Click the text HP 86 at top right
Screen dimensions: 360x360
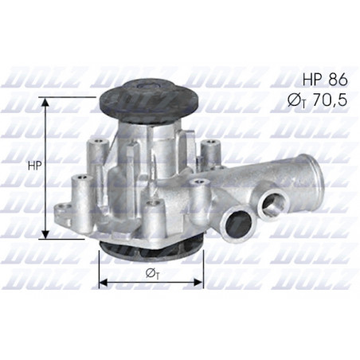pyautogui.click(x=325, y=80)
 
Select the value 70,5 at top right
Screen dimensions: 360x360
pyautogui.click(x=331, y=100)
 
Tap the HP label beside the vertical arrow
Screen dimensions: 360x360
pyautogui.click(x=35, y=166)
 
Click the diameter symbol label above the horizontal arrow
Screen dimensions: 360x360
pyautogui.click(x=153, y=274)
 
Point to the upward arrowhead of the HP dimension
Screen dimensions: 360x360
pyautogui.click(x=45, y=102)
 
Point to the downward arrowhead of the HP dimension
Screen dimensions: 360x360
pyautogui.click(x=45, y=234)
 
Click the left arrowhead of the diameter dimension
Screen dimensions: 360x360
pyautogui.click(x=104, y=283)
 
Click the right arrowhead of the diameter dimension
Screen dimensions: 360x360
pyautogui.click(x=198, y=283)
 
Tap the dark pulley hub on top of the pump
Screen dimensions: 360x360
pyautogui.click(x=149, y=101)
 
